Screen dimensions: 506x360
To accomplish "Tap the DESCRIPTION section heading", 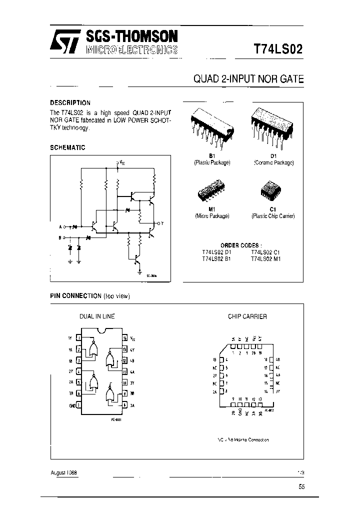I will (x=70, y=102).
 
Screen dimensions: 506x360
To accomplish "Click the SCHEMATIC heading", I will (x=67, y=147).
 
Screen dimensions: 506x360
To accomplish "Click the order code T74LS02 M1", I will (x=267, y=258).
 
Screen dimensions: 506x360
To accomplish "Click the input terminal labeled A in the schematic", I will (x=60, y=227).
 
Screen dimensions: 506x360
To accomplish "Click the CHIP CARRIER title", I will (x=247, y=316).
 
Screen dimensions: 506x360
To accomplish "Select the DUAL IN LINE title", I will (x=97, y=316).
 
